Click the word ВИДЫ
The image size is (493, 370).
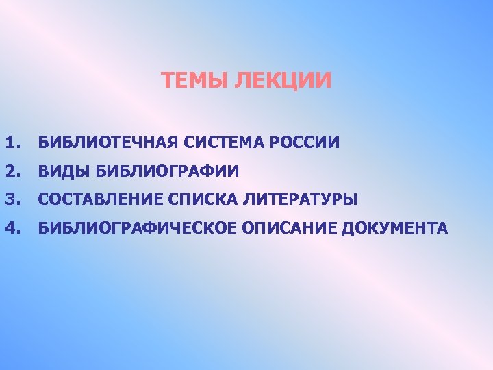64,171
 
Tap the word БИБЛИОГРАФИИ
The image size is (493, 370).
166,171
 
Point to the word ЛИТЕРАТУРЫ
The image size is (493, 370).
299,199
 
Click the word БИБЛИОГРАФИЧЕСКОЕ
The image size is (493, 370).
137,227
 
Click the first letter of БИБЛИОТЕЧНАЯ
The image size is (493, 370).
43,143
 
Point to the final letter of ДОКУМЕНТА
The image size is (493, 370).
442,227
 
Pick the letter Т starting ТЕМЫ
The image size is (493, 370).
168,81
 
